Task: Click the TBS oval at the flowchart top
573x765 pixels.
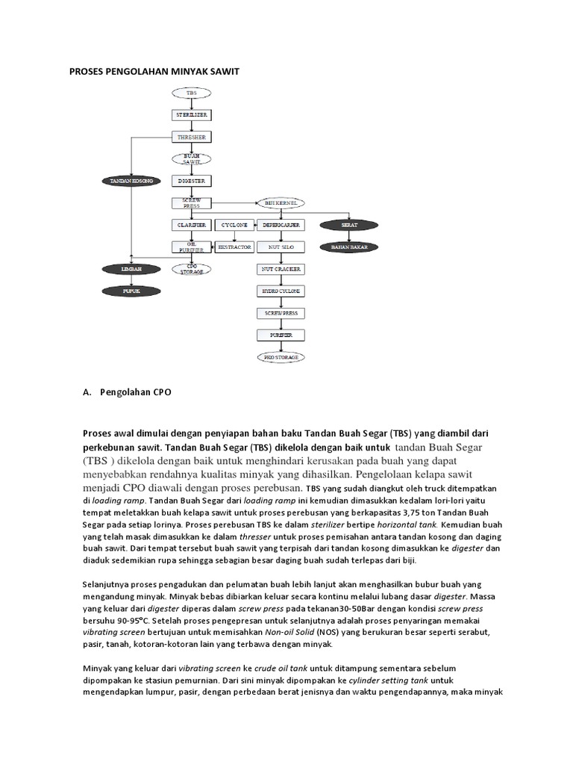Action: (192, 93)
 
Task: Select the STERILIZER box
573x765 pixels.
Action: (192, 115)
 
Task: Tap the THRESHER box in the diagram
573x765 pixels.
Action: (192, 137)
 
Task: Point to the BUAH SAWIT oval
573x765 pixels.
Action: (192, 159)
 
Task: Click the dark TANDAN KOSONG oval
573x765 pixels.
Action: (131, 181)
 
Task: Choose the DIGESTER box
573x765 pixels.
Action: (192, 181)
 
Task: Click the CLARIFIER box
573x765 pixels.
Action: (192, 225)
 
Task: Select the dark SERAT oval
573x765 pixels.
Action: (350, 225)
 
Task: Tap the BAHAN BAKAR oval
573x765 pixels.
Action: (350, 247)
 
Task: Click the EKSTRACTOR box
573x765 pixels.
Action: (234, 247)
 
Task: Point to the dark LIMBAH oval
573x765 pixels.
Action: (131, 268)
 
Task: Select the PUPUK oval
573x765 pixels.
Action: (131, 290)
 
